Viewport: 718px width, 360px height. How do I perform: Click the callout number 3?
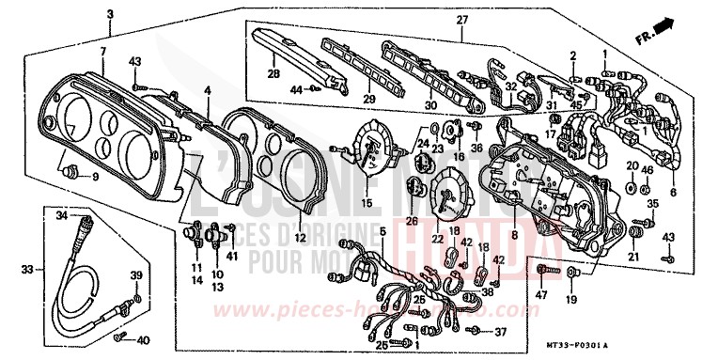click(x=110, y=14)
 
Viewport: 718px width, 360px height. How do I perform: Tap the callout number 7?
click(x=102, y=49)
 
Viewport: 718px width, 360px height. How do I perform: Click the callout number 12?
click(x=300, y=239)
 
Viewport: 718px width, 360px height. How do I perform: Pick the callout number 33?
click(x=27, y=270)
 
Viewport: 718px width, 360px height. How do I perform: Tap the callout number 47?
click(x=542, y=296)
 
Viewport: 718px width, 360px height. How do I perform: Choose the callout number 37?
click(x=501, y=332)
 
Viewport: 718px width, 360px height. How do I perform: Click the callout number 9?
click(x=94, y=178)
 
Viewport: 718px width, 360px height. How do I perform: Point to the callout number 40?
click(x=143, y=339)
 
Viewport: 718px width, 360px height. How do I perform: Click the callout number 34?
click(x=61, y=216)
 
